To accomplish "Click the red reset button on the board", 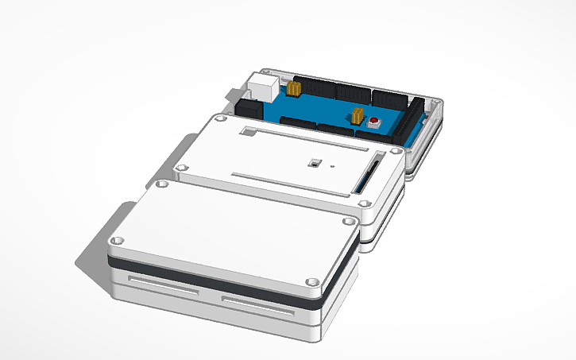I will pos(373,122).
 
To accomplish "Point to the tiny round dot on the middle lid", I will pos(333,167).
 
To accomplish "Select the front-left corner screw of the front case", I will pos(118,239).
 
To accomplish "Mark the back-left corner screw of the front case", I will pos(163,184).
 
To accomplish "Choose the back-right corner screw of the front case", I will pos(347,220).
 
